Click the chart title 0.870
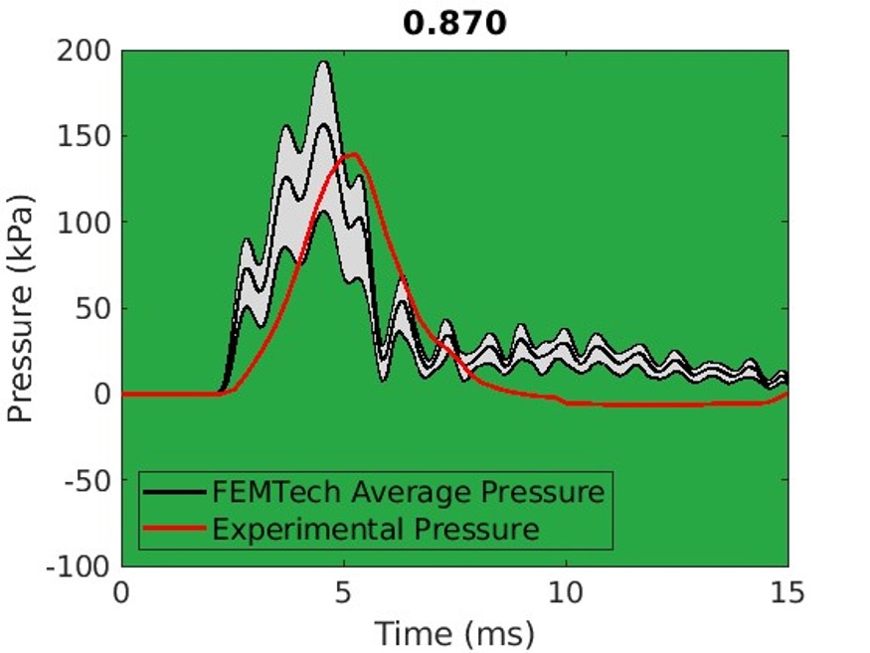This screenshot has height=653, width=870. (454, 23)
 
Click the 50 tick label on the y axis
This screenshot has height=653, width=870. (94, 308)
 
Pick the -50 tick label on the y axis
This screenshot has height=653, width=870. (89, 480)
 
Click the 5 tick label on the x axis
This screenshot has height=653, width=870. (344, 593)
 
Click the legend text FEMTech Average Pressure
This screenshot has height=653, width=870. (408, 492)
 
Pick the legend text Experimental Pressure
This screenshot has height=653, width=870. (376, 528)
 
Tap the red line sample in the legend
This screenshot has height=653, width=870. (174, 528)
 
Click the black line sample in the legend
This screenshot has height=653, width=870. (174, 492)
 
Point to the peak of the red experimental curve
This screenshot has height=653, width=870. (352, 154)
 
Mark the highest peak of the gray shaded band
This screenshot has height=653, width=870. (323, 62)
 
